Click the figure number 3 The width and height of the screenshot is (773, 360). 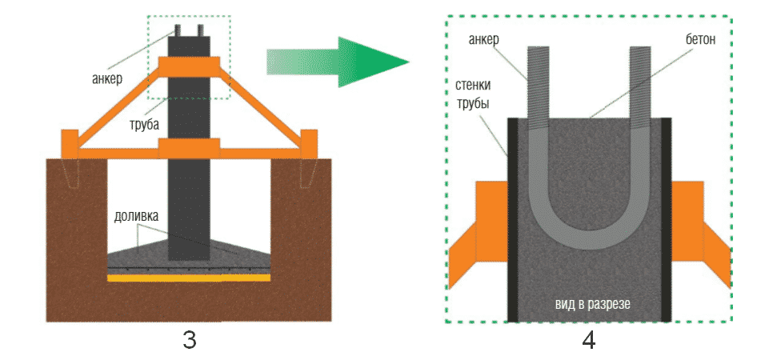pos(189,340)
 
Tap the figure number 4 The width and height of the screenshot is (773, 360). pos(588,340)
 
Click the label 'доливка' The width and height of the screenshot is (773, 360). pos(134,217)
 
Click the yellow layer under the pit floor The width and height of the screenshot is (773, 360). pos(189,278)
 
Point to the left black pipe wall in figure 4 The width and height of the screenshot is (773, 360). pos(513,216)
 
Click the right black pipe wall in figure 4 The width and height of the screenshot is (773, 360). pos(663,216)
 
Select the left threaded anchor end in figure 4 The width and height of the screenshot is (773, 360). pos(538,80)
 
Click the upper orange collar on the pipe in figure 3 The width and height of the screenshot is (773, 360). pos(189,65)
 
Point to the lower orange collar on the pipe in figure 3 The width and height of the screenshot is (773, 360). pos(189,149)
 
